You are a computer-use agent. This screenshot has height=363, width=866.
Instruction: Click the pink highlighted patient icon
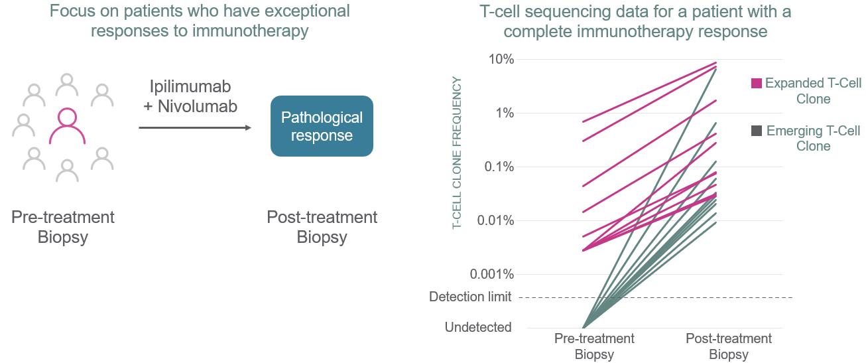click(x=67, y=126)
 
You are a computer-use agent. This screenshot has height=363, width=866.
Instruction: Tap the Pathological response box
click(x=322, y=126)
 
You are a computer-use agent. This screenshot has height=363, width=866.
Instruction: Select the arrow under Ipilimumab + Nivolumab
click(x=195, y=127)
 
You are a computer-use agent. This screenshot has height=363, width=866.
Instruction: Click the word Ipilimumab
click(x=191, y=88)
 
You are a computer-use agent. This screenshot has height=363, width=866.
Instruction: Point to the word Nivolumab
click(x=197, y=106)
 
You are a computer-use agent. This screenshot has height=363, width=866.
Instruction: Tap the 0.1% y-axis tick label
click(x=497, y=167)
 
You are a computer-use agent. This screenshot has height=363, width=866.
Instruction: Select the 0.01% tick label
click(x=493, y=220)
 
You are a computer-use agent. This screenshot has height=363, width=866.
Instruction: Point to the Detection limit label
click(x=470, y=297)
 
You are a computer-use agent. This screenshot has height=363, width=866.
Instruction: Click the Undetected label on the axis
click(x=478, y=327)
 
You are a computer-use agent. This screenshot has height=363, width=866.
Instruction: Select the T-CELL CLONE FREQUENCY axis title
click(x=458, y=153)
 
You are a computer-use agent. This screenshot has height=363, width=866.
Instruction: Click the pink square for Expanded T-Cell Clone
click(x=757, y=84)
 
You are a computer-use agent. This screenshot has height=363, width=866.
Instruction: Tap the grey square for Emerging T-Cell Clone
click(x=757, y=131)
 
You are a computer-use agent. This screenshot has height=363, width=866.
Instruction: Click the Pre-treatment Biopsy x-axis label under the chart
click(x=594, y=346)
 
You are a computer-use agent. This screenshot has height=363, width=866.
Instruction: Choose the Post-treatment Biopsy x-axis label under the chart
click(x=729, y=346)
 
